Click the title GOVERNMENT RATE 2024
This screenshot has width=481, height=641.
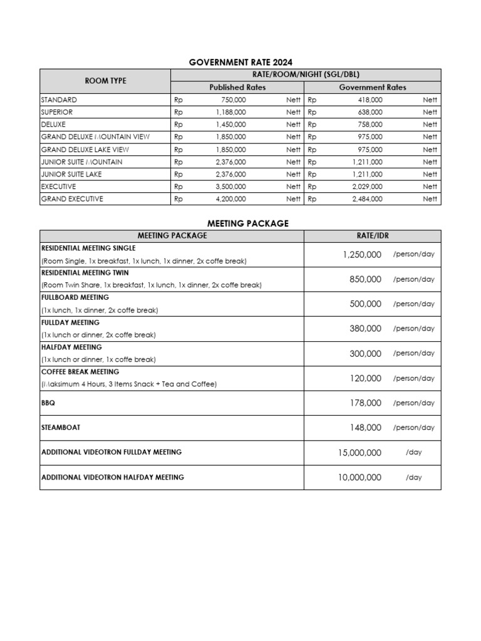(x=240, y=62)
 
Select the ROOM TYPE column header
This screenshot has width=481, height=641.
(x=105, y=81)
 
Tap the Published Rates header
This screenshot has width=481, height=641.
(x=237, y=88)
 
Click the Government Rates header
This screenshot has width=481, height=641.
(x=372, y=88)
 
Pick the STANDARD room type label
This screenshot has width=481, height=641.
(x=59, y=100)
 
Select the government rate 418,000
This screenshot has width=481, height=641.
(x=370, y=100)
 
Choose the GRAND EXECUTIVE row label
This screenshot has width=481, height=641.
(x=72, y=199)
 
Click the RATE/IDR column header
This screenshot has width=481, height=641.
(x=372, y=235)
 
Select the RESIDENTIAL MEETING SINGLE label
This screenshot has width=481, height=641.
(x=88, y=248)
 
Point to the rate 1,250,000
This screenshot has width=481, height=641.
(x=361, y=254)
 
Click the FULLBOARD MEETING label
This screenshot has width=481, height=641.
(x=75, y=297)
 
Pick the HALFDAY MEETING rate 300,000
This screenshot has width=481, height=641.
(x=365, y=354)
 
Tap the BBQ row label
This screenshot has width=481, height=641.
(x=48, y=403)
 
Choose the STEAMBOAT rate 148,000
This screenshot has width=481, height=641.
(x=365, y=428)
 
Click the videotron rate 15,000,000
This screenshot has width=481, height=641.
(x=358, y=453)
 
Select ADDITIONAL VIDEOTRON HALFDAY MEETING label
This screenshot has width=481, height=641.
(x=113, y=477)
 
